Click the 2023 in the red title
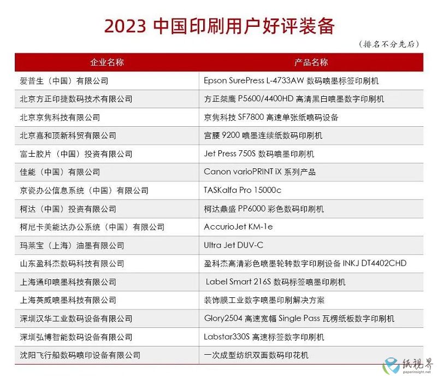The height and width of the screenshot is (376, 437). click(x=125, y=26)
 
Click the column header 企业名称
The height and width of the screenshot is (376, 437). click(x=107, y=62)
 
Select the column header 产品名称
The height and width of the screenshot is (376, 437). click(x=311, y=62)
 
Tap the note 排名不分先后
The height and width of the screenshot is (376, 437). click(x=389, y=44)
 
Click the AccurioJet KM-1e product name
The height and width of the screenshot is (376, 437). click(x=238, y=226)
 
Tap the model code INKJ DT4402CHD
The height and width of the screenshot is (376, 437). click(x=375, y=263)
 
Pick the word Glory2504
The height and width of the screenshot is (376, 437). click(x=223, y=318)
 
